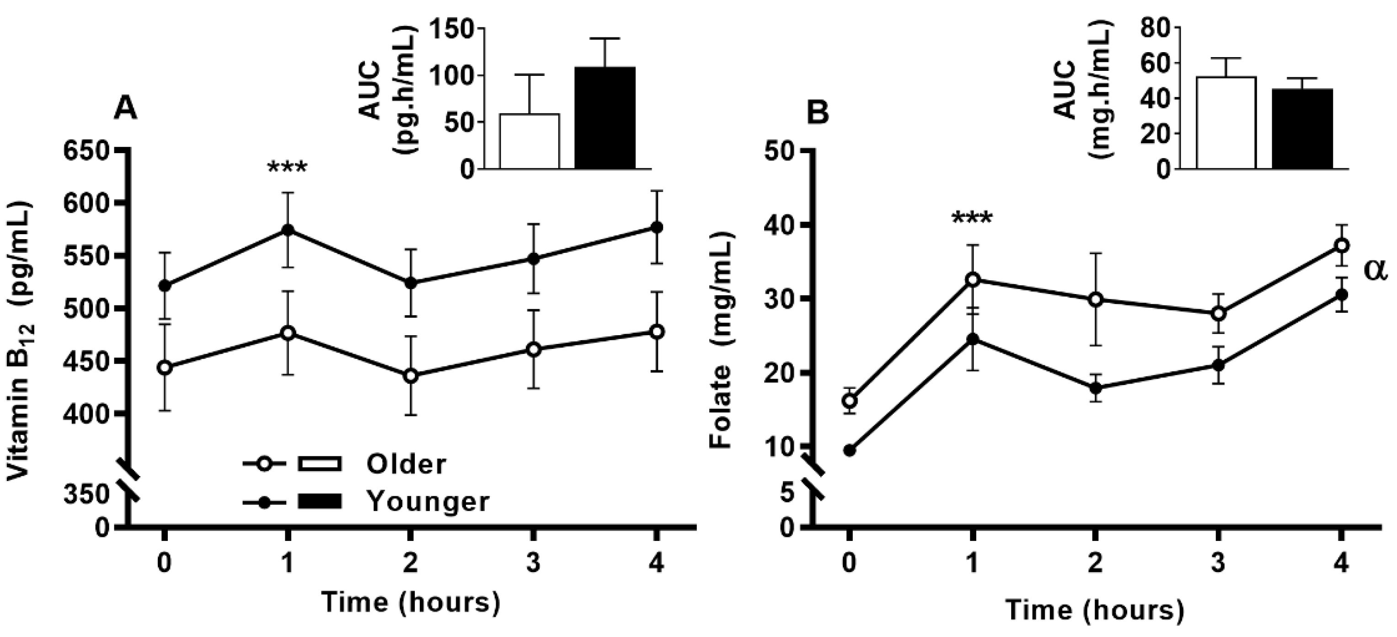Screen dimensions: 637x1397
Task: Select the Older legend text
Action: pos(406,465)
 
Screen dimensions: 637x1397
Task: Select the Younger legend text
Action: pos(428,502)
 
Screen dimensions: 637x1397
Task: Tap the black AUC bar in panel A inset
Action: pos(605,118)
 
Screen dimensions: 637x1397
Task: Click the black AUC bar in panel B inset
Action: pos(1302,129)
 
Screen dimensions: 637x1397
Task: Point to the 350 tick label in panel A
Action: pos(87,495)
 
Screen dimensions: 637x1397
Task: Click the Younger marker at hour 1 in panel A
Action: pos(288,230)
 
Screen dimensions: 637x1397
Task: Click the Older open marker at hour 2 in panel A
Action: pos(411,376)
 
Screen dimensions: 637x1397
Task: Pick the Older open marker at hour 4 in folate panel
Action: pos(1342,246)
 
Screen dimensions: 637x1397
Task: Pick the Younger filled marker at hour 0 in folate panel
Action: pos(850,450)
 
